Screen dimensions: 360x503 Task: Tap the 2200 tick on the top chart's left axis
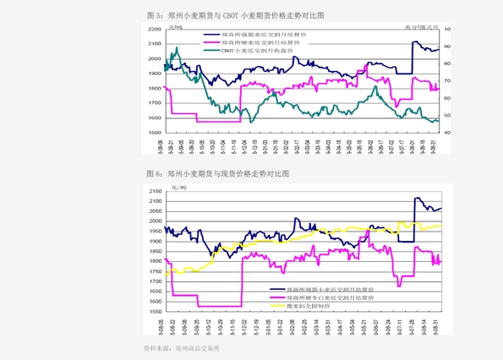click(155, 30)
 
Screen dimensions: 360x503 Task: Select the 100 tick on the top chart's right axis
click(448, 30)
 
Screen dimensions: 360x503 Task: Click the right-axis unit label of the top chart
click(426, 26)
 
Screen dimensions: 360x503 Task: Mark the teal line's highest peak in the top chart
click(176, 49)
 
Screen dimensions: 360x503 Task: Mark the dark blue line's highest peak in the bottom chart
click(416, 199)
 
